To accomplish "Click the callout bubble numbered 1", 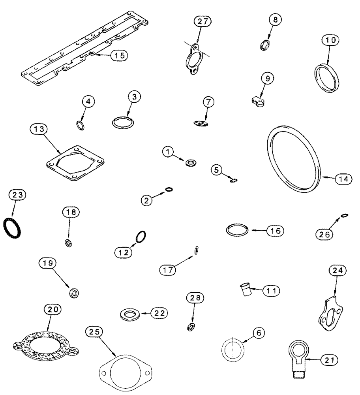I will click(169, 151).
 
